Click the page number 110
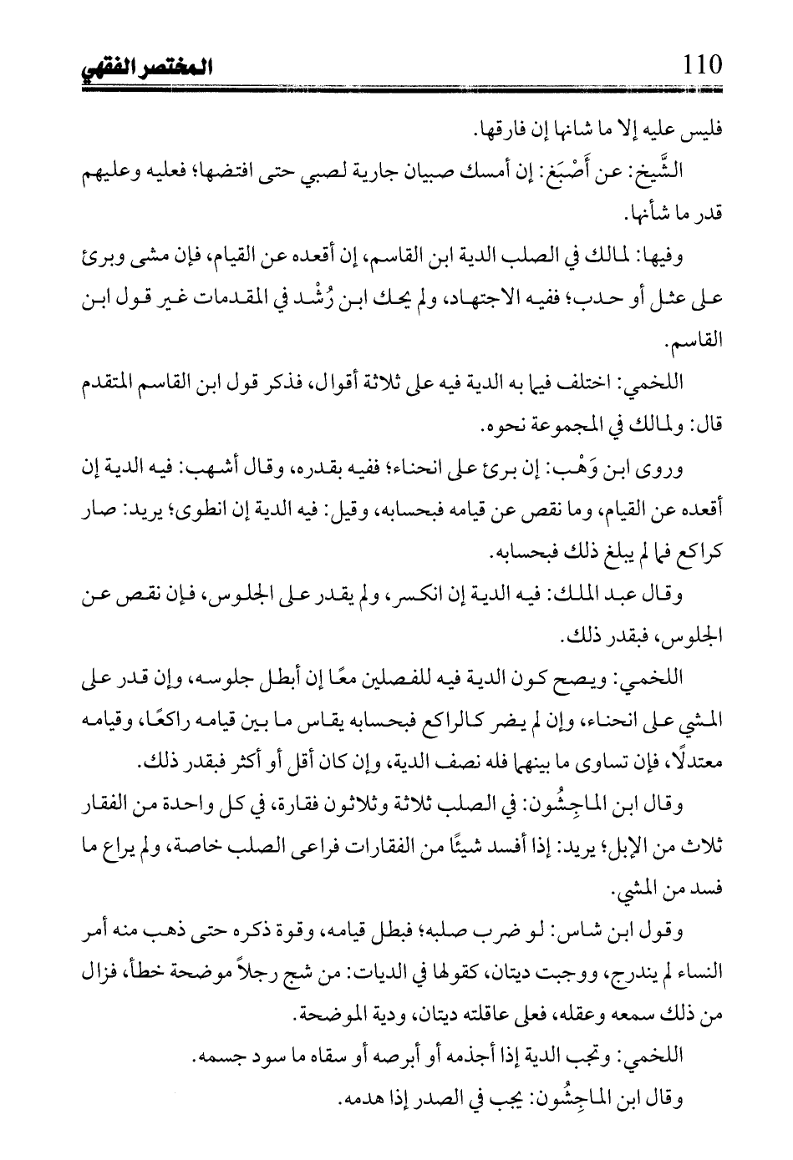tap(700, 63)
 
